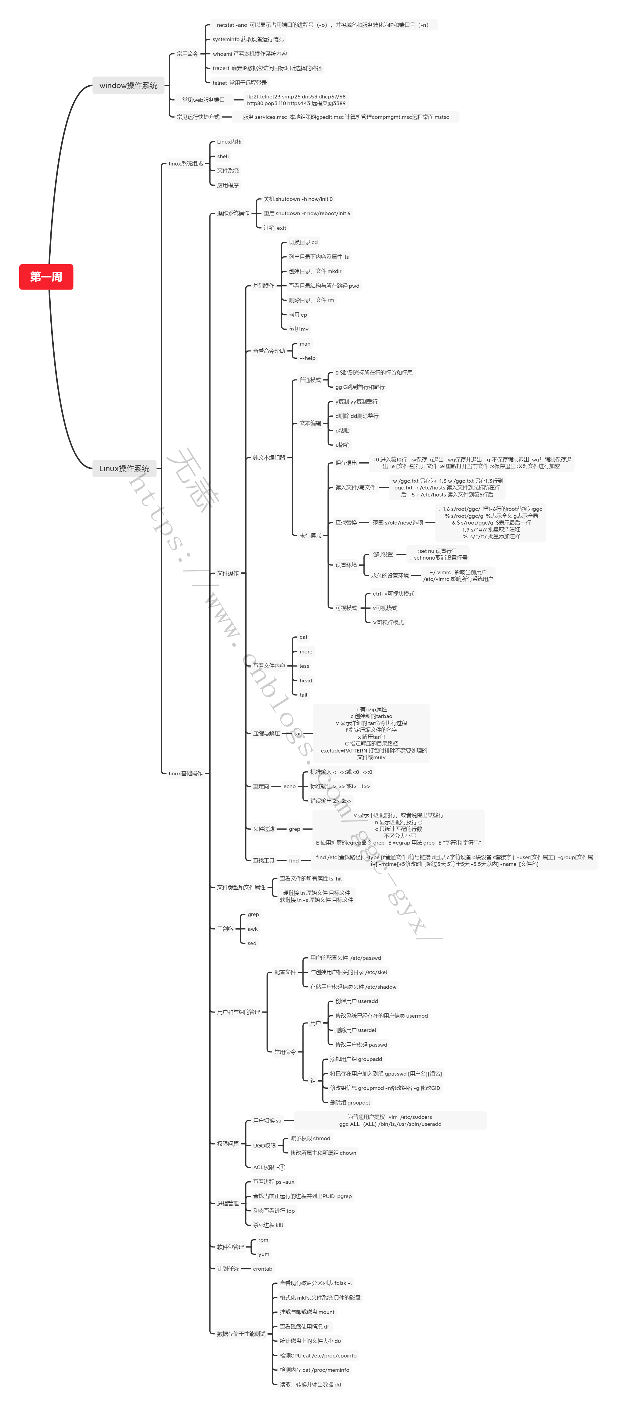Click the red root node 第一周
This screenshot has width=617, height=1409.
(x=46, y=277)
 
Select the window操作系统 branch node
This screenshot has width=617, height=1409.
(x=128, y=85)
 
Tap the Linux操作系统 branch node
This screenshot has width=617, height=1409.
(x=124, y=468)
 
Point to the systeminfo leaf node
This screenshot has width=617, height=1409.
(x=248, y=39)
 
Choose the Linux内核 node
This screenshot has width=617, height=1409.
(x=229, y=142)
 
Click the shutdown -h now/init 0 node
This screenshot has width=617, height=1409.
(x=298, y=199)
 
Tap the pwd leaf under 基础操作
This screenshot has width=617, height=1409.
(x=323, y=286)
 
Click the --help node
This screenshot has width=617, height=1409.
(x=307, y=358)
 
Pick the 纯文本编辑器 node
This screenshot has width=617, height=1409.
(x=269, y=457)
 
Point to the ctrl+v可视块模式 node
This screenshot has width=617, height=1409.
(x=393, y=593)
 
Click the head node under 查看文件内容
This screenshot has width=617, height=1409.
(x=305, y=681)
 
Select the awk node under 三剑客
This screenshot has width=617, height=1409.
(x=252, y=929)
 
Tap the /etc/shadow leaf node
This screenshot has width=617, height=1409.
(x=353, y=987)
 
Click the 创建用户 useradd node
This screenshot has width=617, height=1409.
(x=356, y=1001)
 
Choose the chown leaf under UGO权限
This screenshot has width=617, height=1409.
(x=323, y=1152)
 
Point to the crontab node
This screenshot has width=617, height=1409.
(x=262, y=1268)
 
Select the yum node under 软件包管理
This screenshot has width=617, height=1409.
(x=263, y=1254)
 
